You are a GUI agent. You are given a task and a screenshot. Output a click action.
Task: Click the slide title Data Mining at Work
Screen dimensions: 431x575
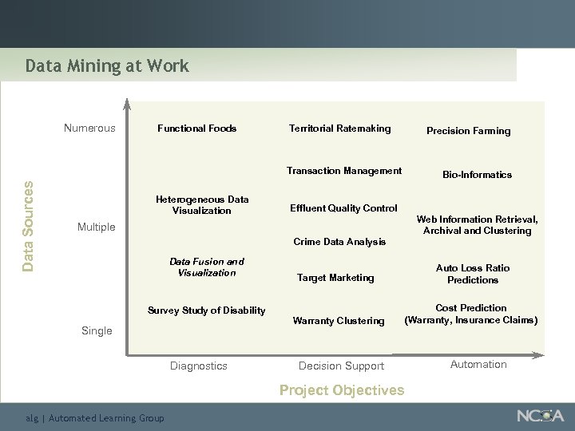point(107,66)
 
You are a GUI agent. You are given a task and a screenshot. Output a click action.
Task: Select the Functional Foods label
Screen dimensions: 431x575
point(196,129)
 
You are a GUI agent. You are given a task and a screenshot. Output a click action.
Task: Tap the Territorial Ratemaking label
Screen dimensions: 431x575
point(339,129)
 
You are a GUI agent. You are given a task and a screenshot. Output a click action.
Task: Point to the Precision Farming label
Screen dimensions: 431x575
point(468,131)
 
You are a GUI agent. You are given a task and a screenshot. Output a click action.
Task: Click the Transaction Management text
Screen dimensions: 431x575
point(344,171)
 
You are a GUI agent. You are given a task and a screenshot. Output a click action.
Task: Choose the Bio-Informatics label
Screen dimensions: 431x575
point(478,175)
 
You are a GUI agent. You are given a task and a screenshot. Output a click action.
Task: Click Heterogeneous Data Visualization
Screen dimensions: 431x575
point(202,205)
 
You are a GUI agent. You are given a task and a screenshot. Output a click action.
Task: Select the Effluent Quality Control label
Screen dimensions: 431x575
point(344,208)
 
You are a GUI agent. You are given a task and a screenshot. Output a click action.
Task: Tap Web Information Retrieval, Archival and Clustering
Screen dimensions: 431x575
point(477,225)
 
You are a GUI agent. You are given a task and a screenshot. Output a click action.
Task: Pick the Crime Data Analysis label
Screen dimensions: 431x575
point(339,242)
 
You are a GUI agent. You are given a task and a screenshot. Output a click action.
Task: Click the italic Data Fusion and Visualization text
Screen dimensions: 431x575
point(207,267)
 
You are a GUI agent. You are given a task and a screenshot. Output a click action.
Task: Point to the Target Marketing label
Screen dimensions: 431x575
point(335,278)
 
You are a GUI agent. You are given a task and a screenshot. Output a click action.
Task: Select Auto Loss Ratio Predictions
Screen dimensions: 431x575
point(473,274)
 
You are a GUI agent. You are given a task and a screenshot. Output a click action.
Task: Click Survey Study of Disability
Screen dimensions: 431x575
point(207,310)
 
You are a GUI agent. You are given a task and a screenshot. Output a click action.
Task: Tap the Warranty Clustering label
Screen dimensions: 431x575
point(339,321)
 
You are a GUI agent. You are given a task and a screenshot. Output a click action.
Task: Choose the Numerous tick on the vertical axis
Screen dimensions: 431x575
point(89,129)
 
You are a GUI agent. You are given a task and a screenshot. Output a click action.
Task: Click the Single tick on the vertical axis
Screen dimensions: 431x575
point(97,330)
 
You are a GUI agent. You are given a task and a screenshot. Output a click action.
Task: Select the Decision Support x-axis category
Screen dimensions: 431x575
point(341,366)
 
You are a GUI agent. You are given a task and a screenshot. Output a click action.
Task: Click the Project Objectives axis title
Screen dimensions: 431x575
point(342,390)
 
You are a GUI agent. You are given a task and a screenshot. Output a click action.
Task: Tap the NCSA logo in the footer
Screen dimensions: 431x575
point(540,416)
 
